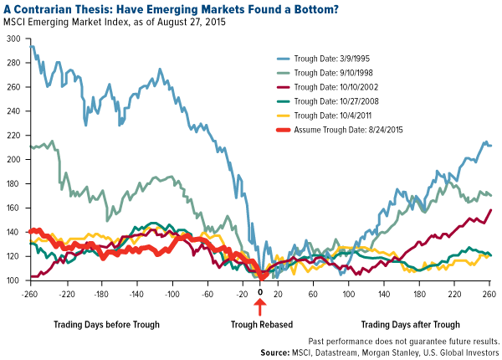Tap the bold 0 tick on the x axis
click(260, 294)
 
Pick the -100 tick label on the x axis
click(172, 294)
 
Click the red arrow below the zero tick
click(260, 307)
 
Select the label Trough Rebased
click(260, 323)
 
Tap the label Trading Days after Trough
click(410, 323)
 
